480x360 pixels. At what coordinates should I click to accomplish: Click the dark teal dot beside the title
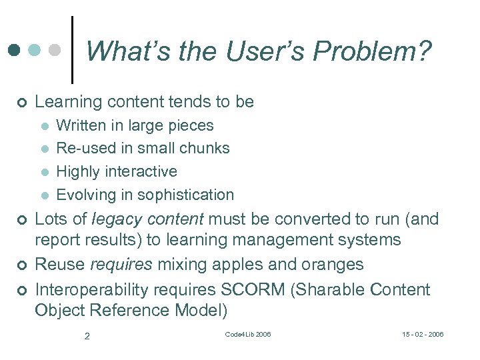[x=15, y=50]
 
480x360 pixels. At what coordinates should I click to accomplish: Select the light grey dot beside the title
[x=55, y=50]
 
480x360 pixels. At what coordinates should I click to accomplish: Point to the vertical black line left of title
[x=71, y=50]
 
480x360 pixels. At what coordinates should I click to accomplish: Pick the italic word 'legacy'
[x=123, y=219]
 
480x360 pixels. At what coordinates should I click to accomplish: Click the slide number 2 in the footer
[x=87, y=336]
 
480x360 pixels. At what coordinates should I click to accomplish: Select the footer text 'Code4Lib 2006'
[x=248, y=334]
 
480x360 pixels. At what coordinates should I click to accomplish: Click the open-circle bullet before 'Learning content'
[x=22, y=103]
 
